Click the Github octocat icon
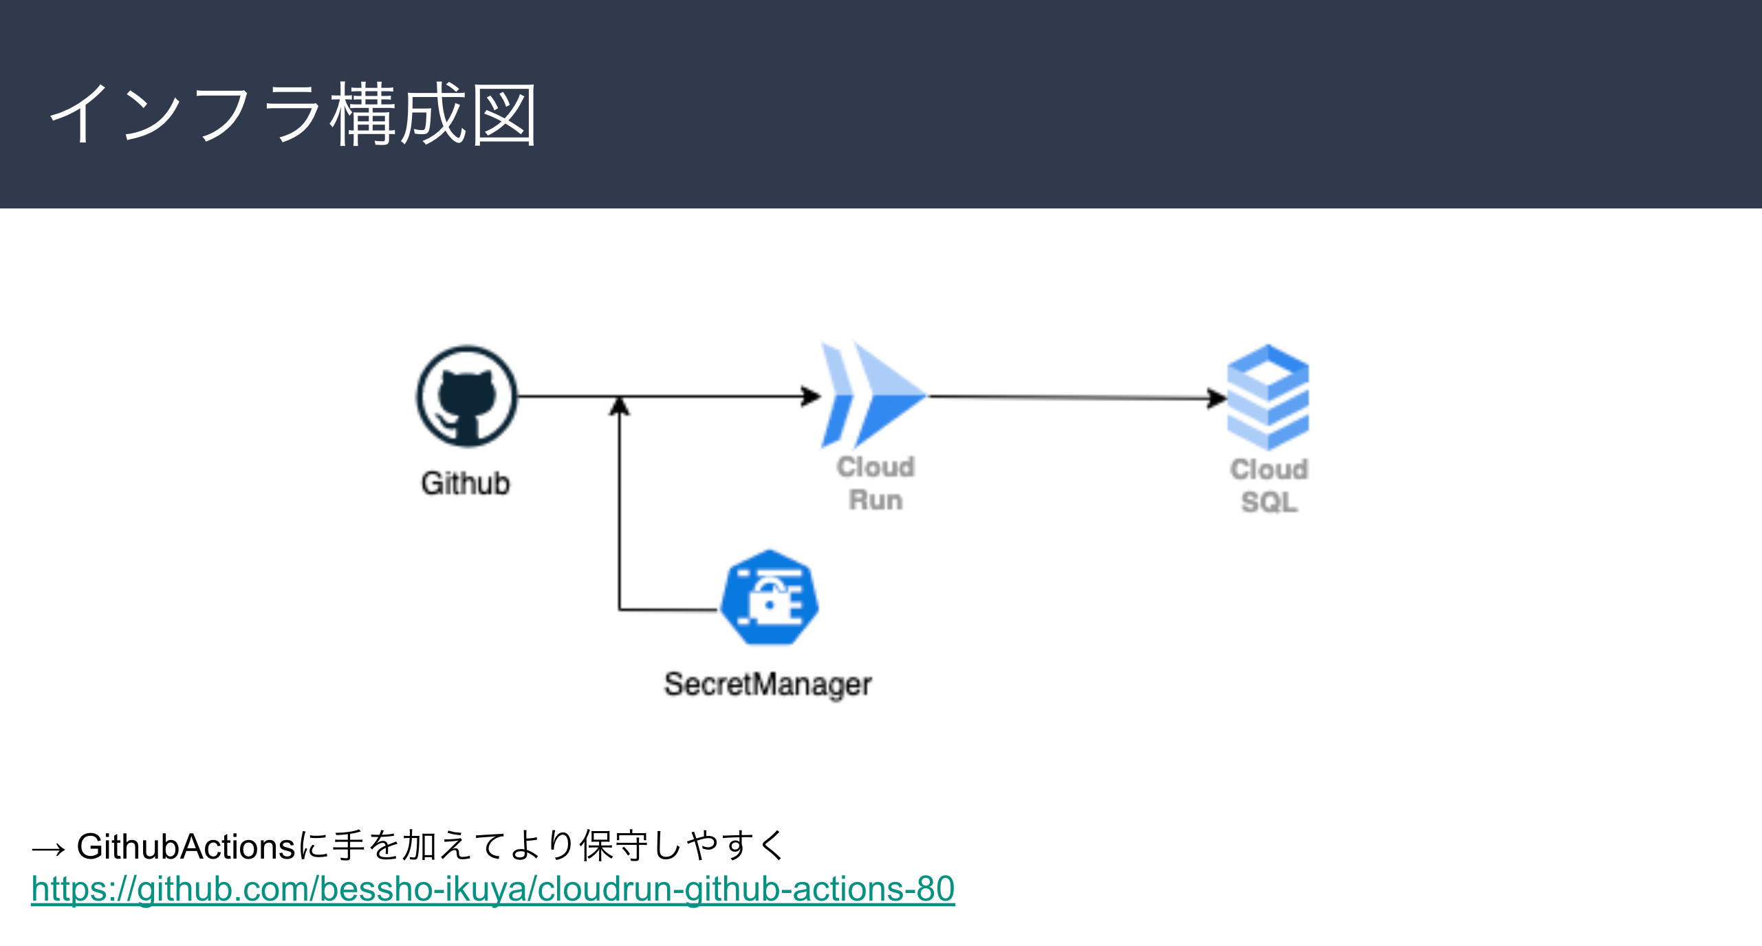(x=466, y=397)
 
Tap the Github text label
(x=466, y=484)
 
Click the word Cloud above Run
(x=875, y=467)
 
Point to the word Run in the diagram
(x=875, y=500)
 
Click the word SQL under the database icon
(x=1269, y=502)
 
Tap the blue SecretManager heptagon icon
(x=770, y=597)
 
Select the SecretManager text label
(x=768, y=685)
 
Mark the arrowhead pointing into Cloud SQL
(x=1217, y=398)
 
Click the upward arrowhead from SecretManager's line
(x=620, y=406)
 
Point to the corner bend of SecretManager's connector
(x=620, y=610)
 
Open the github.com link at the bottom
(x=492, y=889)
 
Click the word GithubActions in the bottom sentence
(x=186, y=846)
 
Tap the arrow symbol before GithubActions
(x=48, y=849)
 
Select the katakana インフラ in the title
(x=186, y=114)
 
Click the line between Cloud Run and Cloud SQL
(x=1066, y=397)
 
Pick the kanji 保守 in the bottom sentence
(x=613, y=846)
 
